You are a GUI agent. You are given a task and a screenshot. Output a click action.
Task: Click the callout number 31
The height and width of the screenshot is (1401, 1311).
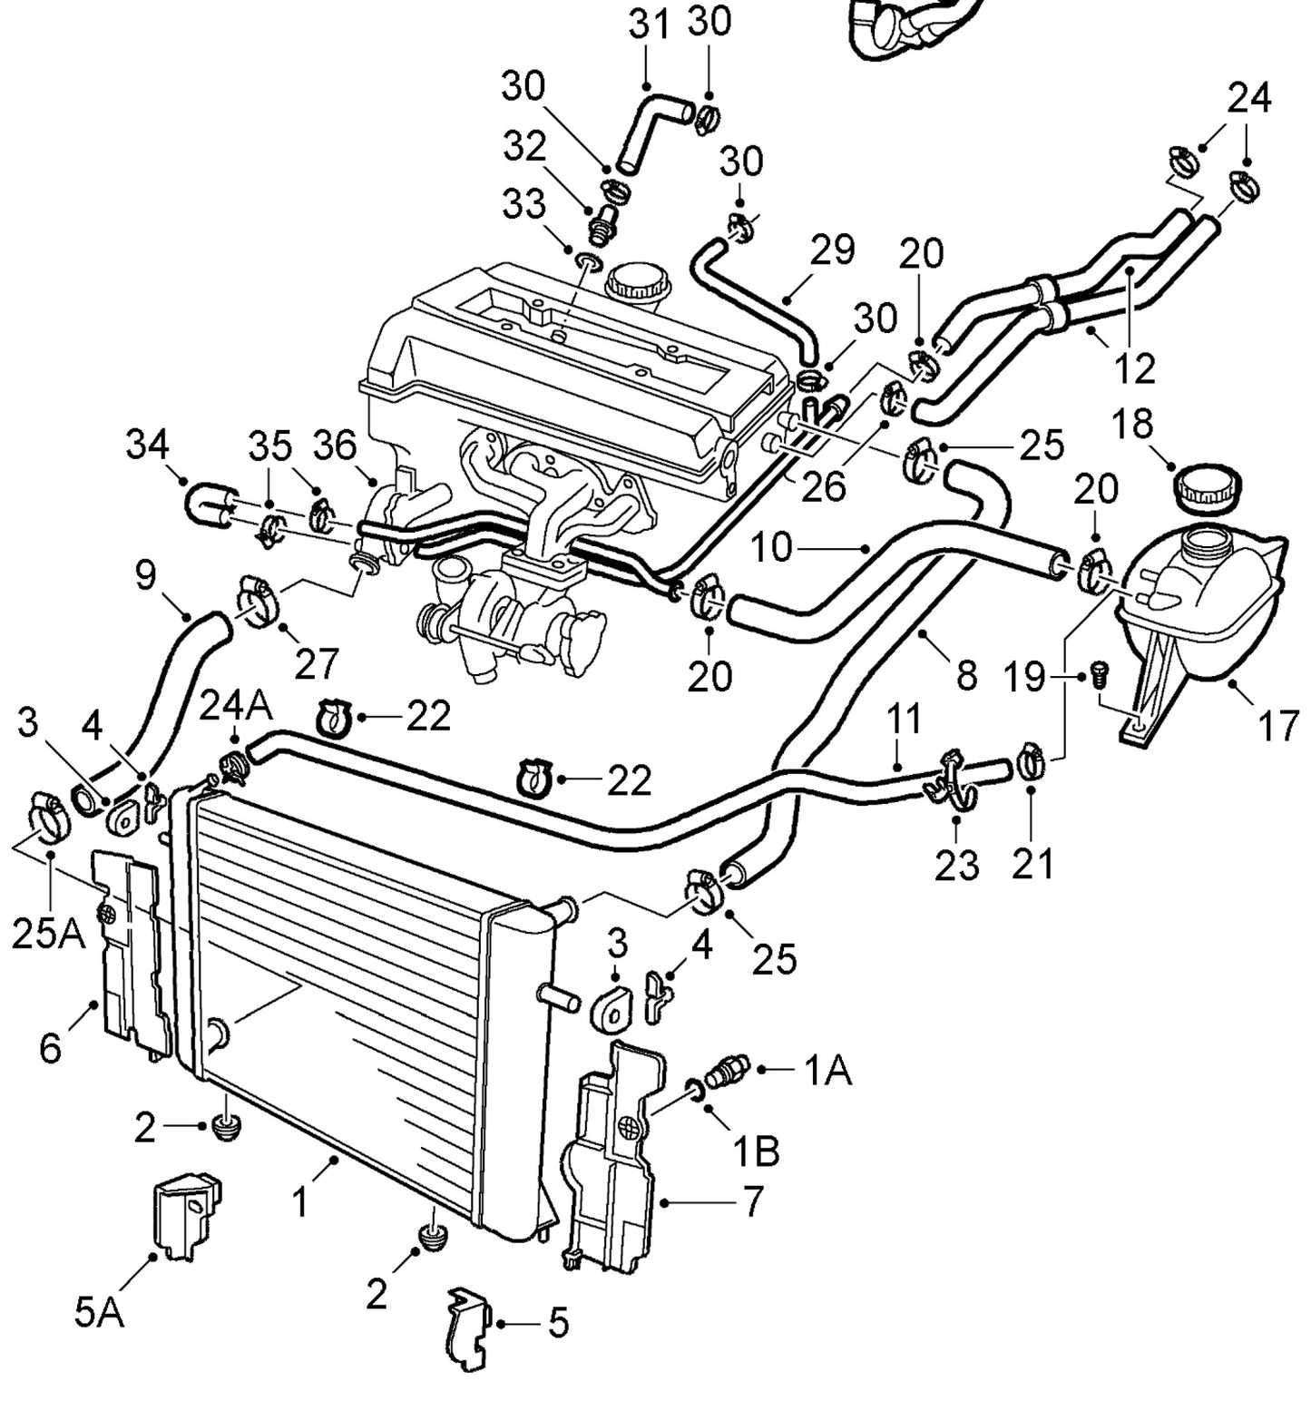[650, 25]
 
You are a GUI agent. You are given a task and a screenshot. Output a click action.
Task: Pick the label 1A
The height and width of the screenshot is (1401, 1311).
[828, 1071]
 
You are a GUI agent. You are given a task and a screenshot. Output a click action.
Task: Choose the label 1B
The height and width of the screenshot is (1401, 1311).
[756, 1151]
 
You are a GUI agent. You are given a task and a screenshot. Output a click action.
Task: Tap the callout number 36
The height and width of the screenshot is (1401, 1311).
[336, 446]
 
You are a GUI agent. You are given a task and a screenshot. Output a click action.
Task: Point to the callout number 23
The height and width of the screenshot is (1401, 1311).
[957, 865]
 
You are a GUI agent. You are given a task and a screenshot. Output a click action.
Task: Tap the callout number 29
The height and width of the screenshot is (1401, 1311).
[832, 250]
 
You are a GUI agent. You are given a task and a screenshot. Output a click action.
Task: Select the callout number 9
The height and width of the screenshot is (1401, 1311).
[145, 575]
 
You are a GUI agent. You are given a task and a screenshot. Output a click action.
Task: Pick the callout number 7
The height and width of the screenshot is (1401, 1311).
[753, 1201]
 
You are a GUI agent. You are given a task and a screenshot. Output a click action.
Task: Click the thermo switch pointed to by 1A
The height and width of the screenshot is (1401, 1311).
[730, 1071]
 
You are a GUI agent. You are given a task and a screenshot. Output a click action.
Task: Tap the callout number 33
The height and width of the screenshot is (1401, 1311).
[524, 206]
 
